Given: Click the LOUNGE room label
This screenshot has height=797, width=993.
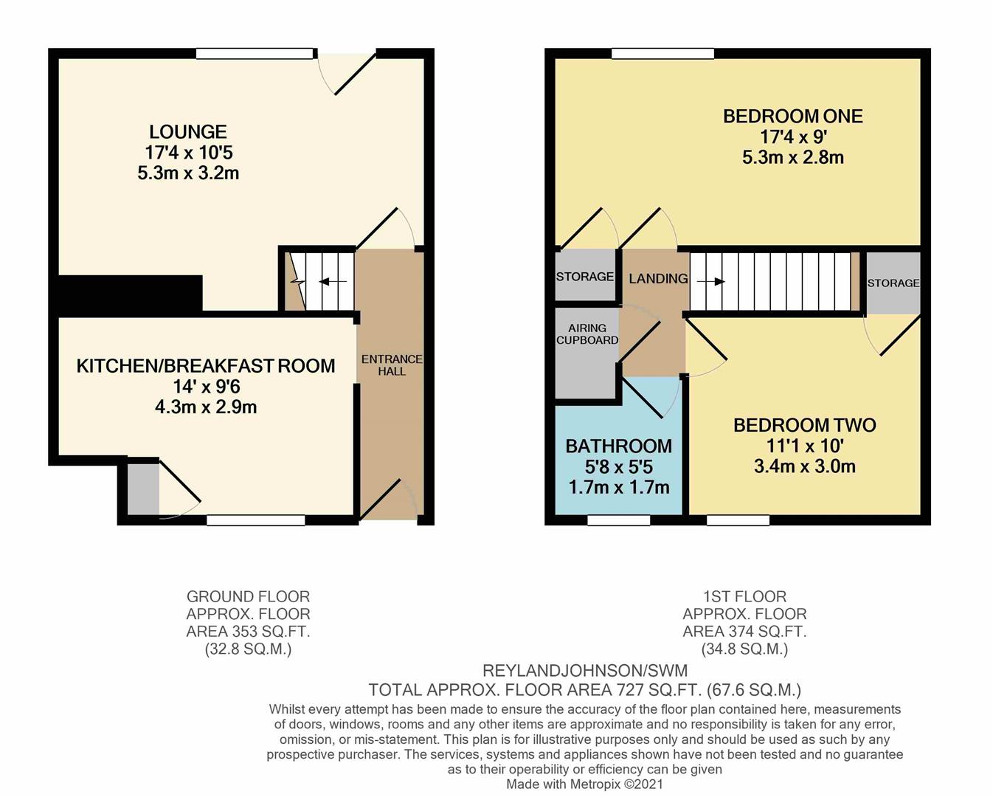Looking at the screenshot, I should (187, 132).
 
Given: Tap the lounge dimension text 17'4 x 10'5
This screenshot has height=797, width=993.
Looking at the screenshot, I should (189, 153).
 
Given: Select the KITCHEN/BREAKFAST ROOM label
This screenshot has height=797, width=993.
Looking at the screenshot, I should (206, 366).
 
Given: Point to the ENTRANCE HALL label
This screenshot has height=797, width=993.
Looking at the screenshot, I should (392, 365).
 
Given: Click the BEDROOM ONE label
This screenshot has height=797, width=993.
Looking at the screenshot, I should (792, 116).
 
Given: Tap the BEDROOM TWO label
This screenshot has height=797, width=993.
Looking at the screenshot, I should (804, 425).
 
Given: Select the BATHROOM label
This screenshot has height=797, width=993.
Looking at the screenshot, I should (618, 446).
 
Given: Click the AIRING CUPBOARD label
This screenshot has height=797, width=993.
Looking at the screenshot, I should (587, 334).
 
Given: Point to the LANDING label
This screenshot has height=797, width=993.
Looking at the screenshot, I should (658, 279).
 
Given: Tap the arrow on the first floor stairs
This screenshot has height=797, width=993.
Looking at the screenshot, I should (710, 282).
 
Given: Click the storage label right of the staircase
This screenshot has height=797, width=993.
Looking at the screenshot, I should (893, 283).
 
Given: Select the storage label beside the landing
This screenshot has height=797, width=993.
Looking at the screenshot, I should (585, 277).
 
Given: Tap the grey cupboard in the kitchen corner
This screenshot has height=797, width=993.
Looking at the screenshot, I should (143, 488).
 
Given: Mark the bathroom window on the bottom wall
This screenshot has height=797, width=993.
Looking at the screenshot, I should (619, 520).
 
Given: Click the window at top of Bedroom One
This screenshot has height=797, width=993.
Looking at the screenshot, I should (662, 53).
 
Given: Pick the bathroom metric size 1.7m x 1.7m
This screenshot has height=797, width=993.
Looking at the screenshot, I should (618, 488).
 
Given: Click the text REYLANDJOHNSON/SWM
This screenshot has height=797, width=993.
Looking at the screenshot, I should (584, 671).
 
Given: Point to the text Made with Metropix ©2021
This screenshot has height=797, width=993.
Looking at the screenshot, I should (584, 784).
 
